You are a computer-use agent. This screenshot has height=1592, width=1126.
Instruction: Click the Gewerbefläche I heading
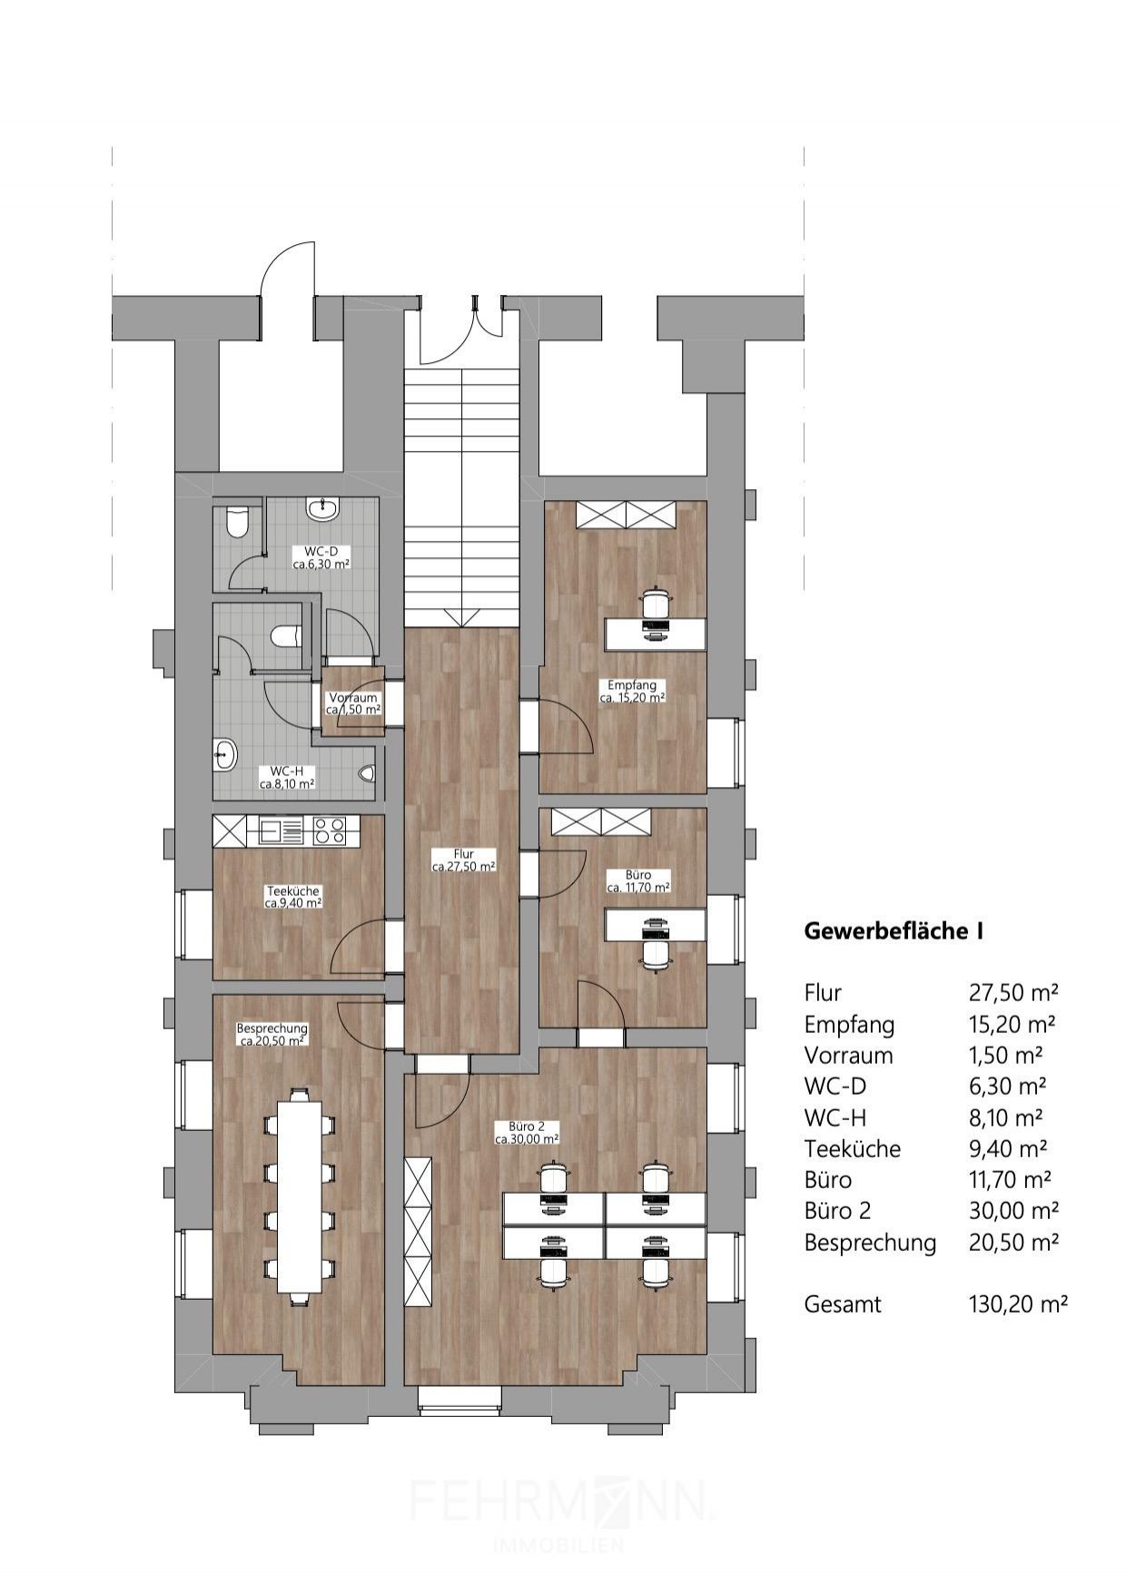tap(894, 931)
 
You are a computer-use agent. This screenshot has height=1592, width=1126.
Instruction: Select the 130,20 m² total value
tap(1018, 1305)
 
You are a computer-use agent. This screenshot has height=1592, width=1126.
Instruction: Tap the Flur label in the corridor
tap(463, 860)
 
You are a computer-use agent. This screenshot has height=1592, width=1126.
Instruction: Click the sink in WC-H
tap(225, 753)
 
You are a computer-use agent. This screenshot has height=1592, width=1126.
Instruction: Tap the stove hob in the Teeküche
tap(329, 830)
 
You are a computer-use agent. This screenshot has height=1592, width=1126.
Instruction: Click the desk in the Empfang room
tap(656, 634)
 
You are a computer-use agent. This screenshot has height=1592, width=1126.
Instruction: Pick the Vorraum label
tap(353, 703)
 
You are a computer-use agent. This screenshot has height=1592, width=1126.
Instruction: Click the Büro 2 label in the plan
tap(527, 1132)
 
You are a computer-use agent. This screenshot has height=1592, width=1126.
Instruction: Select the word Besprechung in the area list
tap(870, 1243)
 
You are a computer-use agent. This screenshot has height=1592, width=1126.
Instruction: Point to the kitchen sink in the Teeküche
tap(275, 830)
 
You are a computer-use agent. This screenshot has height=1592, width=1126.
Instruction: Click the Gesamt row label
tap(843, 1305)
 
